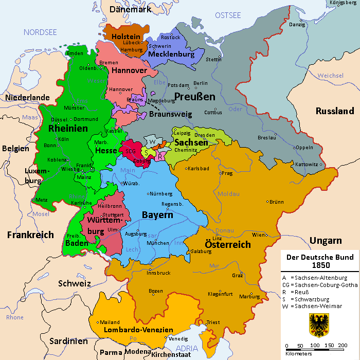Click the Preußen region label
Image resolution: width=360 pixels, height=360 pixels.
click(x=194, y=97)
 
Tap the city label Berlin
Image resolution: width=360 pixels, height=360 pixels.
click(x=201, y=83)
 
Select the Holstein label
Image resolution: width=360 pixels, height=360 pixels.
click(x=127, y=37)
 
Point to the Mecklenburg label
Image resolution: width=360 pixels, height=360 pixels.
click(x=171, y=54)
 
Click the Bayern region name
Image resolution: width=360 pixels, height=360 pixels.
click(x=157, y=214)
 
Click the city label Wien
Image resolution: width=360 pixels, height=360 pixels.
click(x=258, y=235)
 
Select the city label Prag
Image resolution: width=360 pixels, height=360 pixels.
click(x=227, y=173)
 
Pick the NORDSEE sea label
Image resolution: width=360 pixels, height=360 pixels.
click(x=40, y=32)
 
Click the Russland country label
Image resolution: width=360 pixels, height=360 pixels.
click(x=335, y=111)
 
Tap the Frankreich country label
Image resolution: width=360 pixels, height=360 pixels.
click(x=30, y=235)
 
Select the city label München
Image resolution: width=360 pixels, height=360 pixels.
click(x=158, y=242)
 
